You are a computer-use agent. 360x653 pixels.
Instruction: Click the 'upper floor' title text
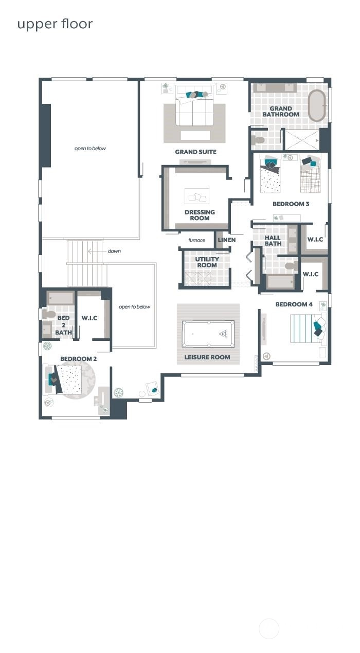[x=55, y=24]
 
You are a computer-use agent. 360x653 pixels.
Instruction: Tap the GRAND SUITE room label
[x=195, y=152]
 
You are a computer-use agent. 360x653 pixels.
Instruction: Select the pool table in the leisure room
[x=209, y=334]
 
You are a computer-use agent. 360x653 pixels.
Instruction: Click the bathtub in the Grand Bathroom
[x=316, y=105]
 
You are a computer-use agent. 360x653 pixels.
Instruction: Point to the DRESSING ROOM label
[x=200, y=215]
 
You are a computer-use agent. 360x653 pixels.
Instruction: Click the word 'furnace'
[x=196, y=240]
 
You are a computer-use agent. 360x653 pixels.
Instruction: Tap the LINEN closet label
[x=226, y=240]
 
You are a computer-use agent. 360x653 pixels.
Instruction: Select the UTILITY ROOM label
[x=207, y=262]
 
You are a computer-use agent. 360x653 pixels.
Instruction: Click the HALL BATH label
[x=273, y=241]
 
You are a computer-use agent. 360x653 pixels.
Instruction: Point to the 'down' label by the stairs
[x=114, y=251]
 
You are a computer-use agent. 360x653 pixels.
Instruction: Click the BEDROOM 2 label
[x=78, y=359]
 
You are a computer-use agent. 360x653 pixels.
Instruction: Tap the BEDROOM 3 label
[x=291, y=204]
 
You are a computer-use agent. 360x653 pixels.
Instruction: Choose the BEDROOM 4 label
[x=294, y=304]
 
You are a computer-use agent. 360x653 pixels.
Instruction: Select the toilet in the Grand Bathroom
[x=258, y=140]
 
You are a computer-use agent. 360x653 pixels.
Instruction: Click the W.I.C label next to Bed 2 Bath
[x=89, y=318]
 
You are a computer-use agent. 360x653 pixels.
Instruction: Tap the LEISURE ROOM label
[x=207, y=357]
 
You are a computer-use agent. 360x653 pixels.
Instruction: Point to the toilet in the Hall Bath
[x=291, y=266]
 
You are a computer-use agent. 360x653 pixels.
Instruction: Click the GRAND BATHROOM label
[x=281, y=112]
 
